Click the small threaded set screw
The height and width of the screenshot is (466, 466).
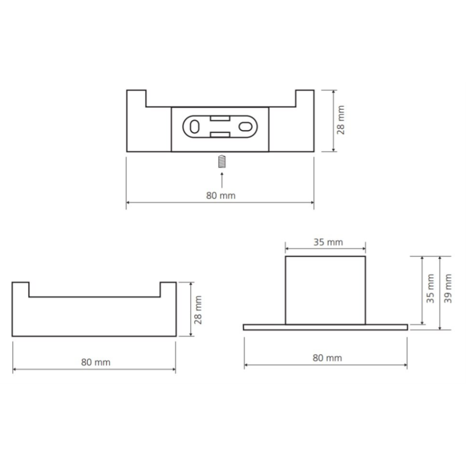pos(222,162)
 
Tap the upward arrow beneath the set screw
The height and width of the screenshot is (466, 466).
pos(222,180)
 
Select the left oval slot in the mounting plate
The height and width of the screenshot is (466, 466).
pos(195,127)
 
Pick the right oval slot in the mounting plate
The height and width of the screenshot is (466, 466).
pos(246,127)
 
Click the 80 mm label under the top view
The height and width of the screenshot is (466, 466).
pos(221,196)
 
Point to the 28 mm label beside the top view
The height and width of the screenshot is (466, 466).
pos(341,120)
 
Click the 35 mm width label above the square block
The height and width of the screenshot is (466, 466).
pos(328,242)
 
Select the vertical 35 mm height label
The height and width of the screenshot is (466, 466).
pos(430,288)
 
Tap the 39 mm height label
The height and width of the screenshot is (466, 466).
pos(448,288)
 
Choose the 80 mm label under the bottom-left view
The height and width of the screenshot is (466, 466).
pos(96,362)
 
